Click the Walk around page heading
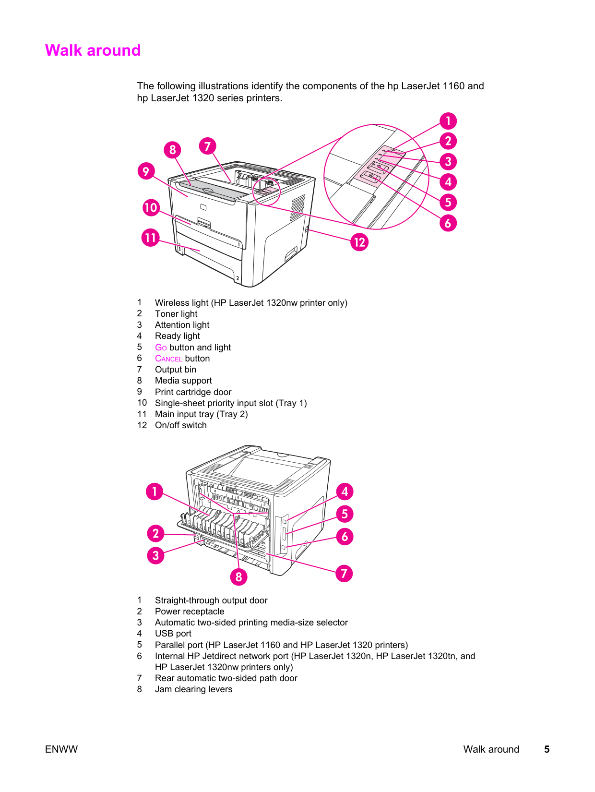[93, 50]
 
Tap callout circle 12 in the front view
[359, 242]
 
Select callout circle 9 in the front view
[146, 171]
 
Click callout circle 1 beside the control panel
[448, 121]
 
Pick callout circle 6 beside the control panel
[448, 223]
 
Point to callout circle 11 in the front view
[151, 238]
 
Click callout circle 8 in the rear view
[238, 576]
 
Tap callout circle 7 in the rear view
[344, 573]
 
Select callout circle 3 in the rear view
[155, 555]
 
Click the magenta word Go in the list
[161, 348]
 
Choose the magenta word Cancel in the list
[168, 359]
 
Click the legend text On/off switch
[180, 425]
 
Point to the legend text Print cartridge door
[193, 392]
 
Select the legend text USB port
[173, 634]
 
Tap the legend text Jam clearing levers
[193, 689]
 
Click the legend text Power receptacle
[190, 612]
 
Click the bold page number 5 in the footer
[547, 749]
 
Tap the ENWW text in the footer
[61, 749]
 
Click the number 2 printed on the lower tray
[237, 278]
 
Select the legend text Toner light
[176, 314]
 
